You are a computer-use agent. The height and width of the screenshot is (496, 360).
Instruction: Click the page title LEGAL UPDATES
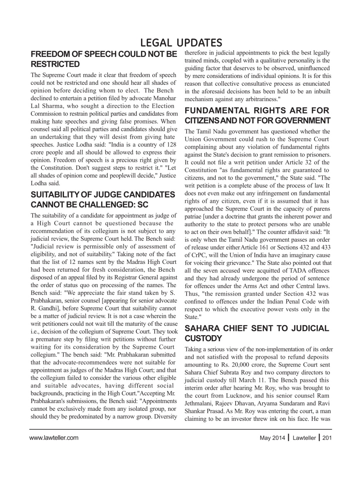point(181,43)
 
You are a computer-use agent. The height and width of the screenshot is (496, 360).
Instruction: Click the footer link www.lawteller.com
point(54,438)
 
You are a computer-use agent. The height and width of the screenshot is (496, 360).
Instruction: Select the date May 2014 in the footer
point(272,438)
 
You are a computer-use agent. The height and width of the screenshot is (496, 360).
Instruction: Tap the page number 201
point(327,438)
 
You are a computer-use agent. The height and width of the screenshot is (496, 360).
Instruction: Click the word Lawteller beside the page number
point(304,438)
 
